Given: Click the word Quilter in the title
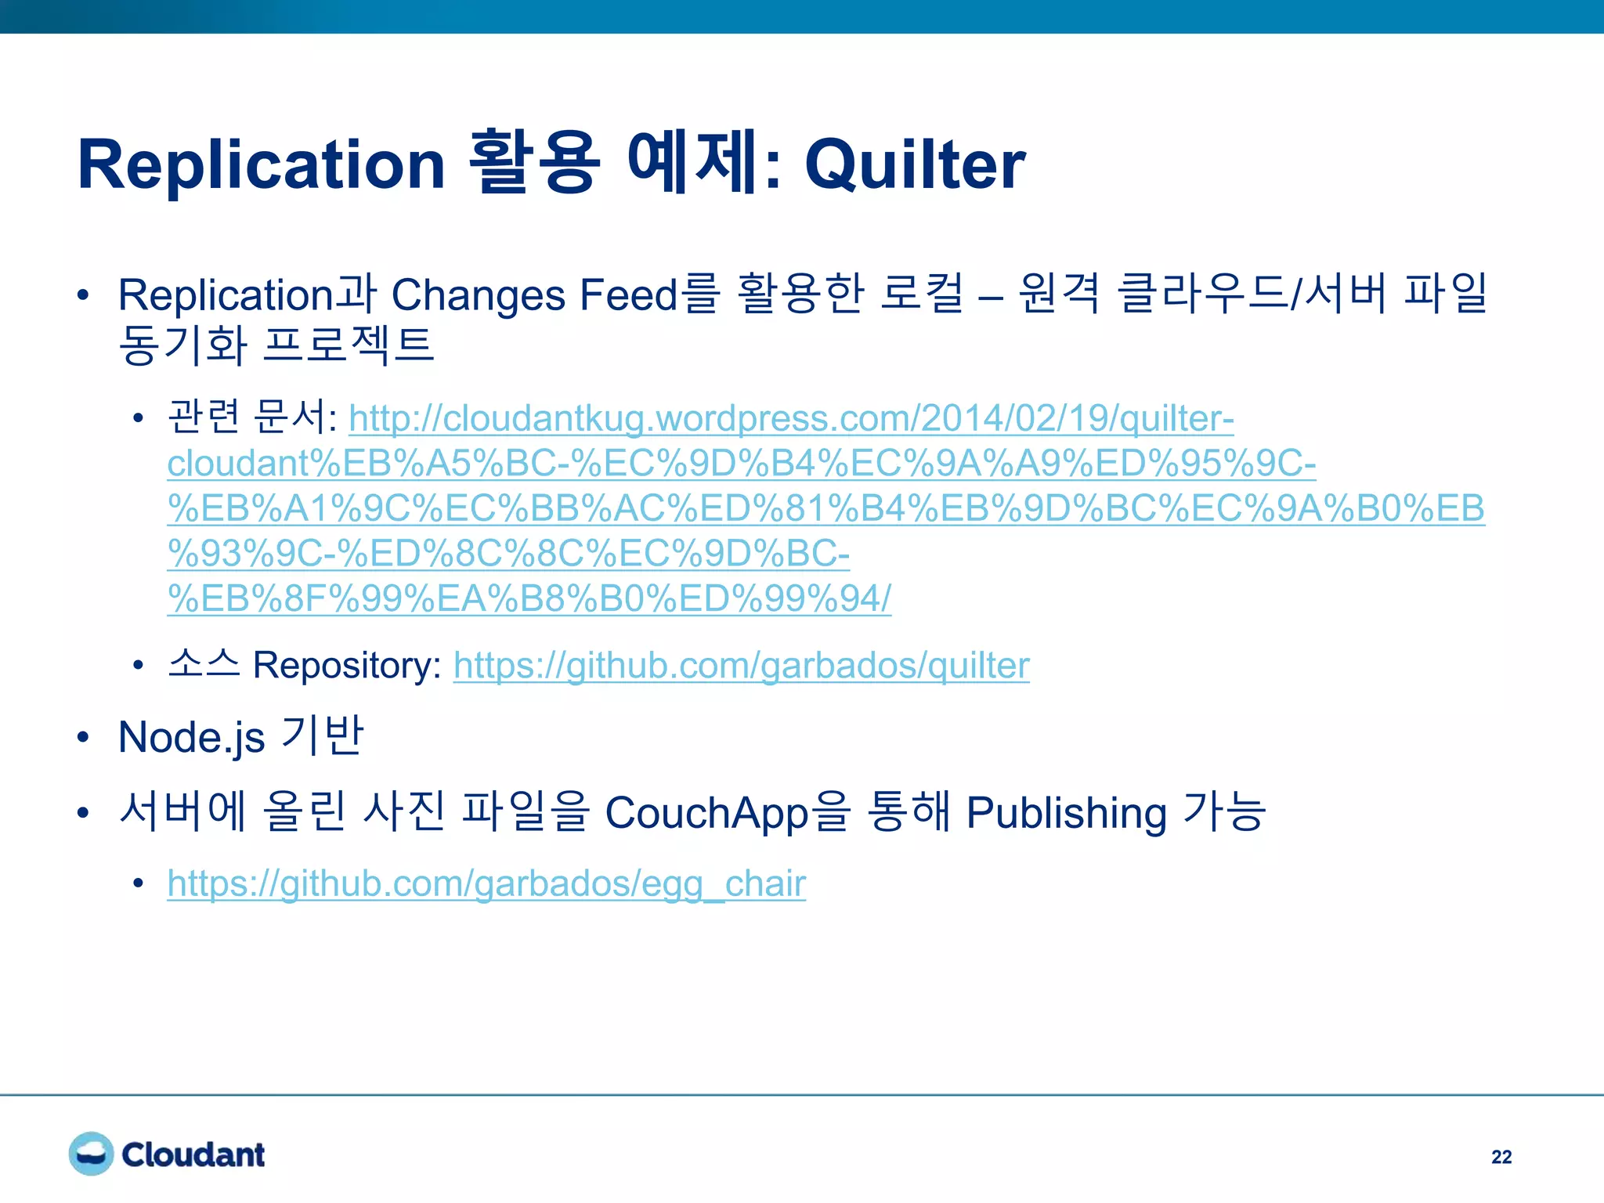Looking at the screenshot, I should coord(914,164).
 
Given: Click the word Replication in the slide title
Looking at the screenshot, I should coord(261,164).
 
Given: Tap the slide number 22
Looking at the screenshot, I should coord(1501,1157).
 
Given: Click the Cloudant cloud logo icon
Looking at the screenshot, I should coord(91,1154).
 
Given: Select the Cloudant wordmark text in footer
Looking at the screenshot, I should coord(193,1154).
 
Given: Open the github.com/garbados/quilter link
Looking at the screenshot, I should coord(740,666).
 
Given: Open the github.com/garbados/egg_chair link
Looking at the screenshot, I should coord(486,883).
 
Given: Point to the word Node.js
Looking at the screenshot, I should coord(191,738).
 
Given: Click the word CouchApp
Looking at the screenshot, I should coord(706,813).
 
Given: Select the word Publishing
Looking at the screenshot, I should coord(1066,813).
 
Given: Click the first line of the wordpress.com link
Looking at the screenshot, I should coord(791,418).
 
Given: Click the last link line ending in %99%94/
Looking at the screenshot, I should coord(529,599).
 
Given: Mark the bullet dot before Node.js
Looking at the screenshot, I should coord(84,738).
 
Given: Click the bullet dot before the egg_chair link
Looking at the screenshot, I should coord(139,883).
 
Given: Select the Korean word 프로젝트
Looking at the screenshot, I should coord(349,345).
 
